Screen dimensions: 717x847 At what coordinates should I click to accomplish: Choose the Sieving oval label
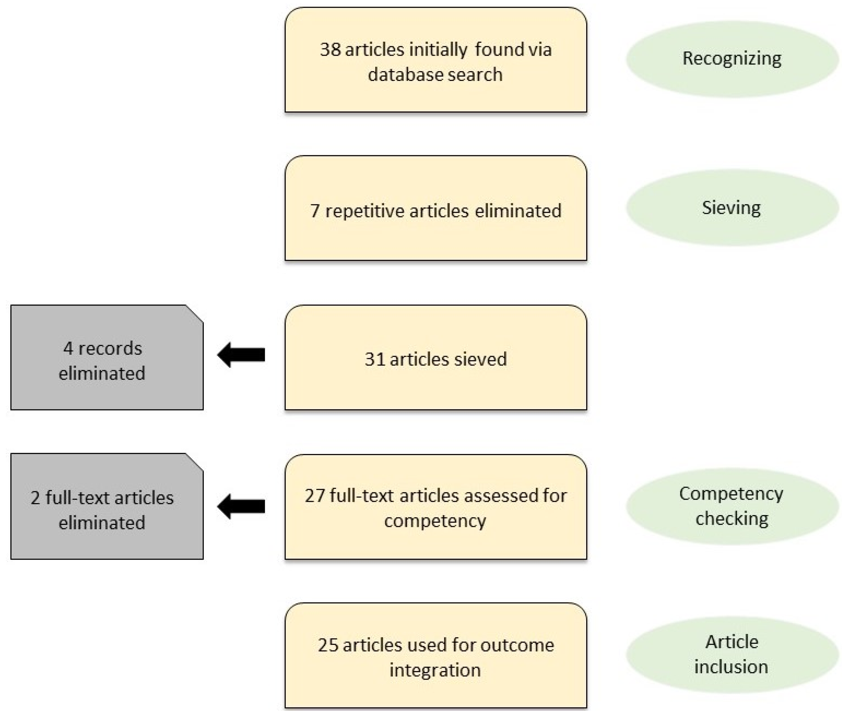click(x=731, y=208)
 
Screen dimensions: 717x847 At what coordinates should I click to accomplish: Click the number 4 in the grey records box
click(x=68, y=349)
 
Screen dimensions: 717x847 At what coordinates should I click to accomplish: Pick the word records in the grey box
click(x=110, y=349)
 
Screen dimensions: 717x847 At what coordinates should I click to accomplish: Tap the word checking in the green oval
click(x=731, y=519)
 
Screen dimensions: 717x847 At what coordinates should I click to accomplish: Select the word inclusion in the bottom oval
click(x=731, y=667)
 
